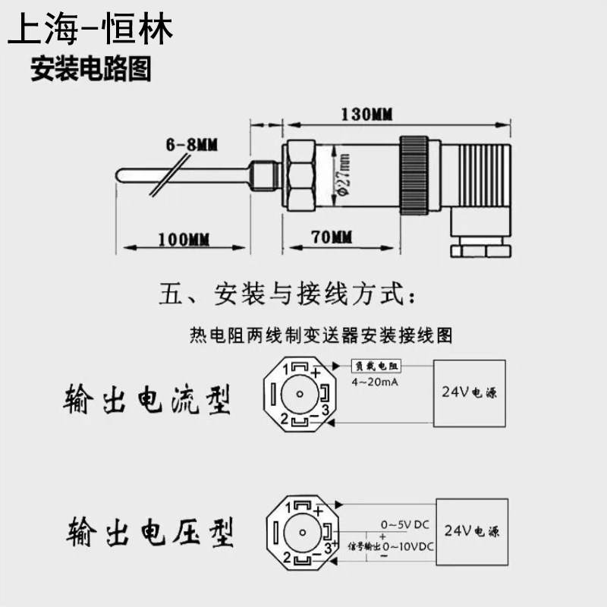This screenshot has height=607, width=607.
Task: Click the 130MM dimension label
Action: pyautogui.click(x=366, y=115)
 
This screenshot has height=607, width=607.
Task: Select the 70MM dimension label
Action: pyautogui.click(x=332, y=237)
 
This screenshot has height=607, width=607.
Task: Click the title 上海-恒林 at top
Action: pyautogui.click(x=90, y=29)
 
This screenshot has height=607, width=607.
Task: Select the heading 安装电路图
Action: pyautogui.click(x=90, y=70)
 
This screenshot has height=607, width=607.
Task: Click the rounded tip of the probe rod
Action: pyautogui.click(x=121, y=176)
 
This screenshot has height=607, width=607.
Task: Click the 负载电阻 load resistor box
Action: pyautogui.click(x=376, y=366)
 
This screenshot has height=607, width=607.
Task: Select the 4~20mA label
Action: pyautogui.click(x=376, y=382)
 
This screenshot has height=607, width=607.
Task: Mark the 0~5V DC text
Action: pyautogui.click(x=405, y=524)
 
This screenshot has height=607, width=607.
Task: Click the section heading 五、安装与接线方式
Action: pyautogui.click(x=288, y=294)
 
